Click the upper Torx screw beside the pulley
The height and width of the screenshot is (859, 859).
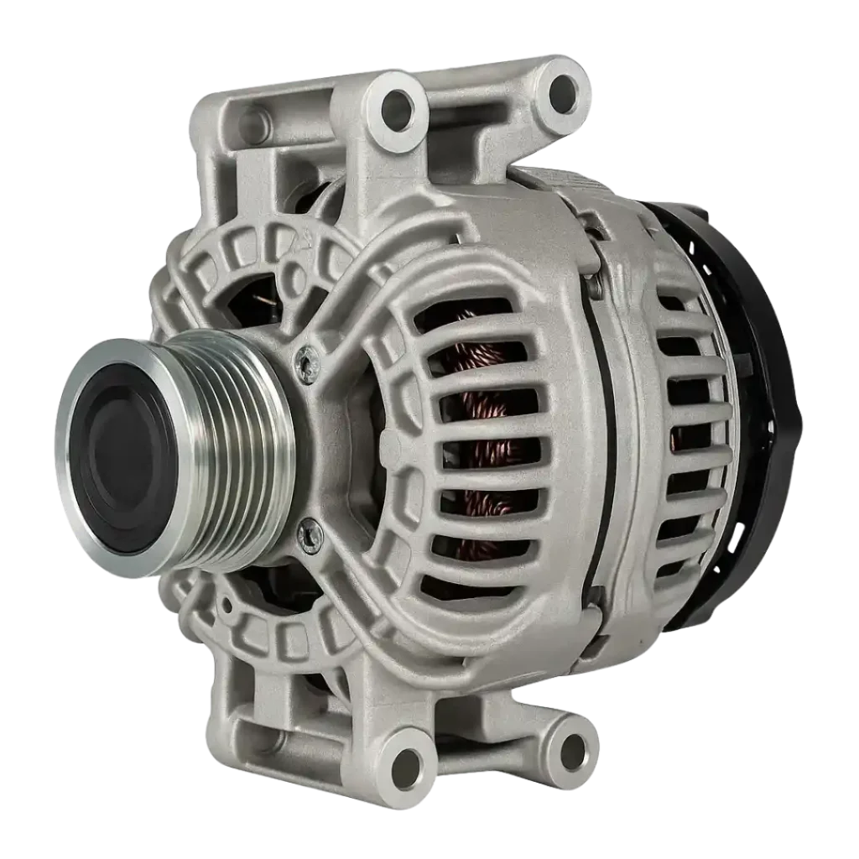pyautogui.click(x=308, y=364)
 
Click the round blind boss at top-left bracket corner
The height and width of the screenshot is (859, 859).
pyautogui.click(x=252, y=126)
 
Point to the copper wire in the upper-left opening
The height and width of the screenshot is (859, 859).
pyautogui.click(x=266, y=299)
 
